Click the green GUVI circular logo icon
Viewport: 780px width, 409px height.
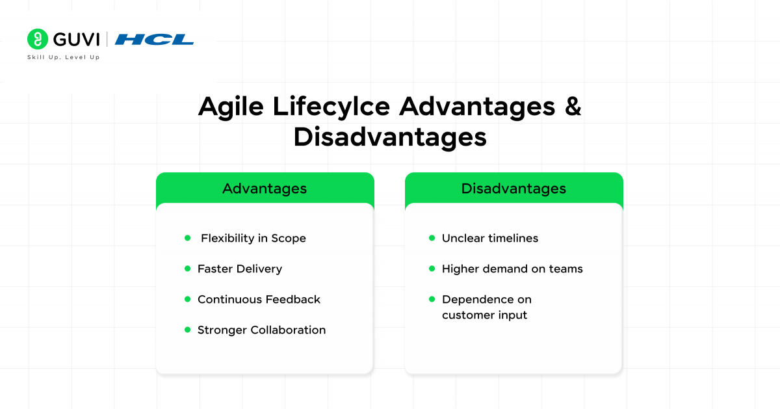point(38,39)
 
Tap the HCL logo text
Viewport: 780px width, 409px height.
point(154,40)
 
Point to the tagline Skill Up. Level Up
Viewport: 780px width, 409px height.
point(63,57)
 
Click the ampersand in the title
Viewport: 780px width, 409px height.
point(572,107)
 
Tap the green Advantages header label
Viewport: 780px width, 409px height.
point(265,189)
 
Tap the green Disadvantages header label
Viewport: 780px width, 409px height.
point(513,189)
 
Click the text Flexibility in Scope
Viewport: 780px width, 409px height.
point(253,239)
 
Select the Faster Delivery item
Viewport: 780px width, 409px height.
point(240,269)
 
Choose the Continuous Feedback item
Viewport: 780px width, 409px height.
point(259,300)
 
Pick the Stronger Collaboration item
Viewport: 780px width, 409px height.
point(261,330)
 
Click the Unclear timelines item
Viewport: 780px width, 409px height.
point(490,239)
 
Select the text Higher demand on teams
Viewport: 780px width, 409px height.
point(512,269)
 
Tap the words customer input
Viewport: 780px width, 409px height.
point(484,315)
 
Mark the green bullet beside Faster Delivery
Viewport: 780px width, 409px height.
point(188,269)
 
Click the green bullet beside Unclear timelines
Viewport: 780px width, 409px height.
point(432,238)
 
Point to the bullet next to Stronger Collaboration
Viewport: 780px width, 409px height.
point(188,330)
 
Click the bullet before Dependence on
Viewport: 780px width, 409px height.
point(432,299)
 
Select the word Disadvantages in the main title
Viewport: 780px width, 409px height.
point(390,137)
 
